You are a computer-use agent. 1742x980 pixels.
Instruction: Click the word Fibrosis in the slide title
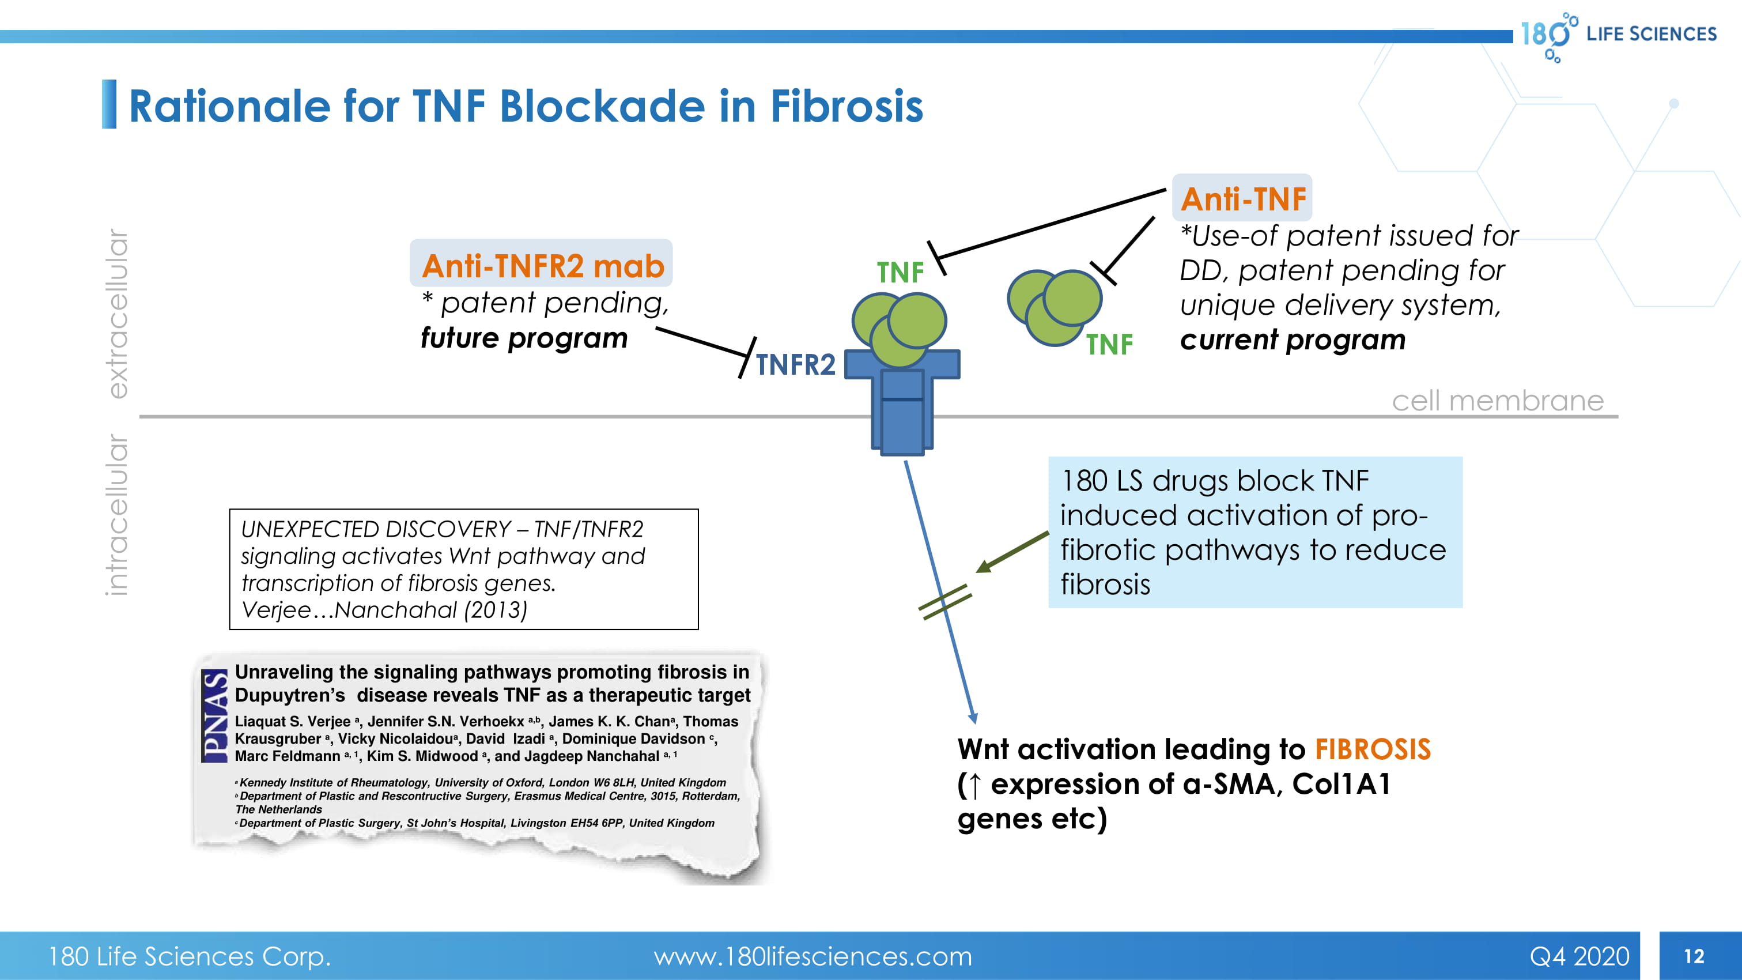point(847,106)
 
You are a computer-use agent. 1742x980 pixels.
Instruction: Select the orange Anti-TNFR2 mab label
point(542,265)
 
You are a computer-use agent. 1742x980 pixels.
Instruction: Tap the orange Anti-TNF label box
point(1242,199)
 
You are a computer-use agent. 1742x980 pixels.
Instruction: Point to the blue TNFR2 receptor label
point(795,364)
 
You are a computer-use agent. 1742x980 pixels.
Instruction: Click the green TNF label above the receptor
point(900,273)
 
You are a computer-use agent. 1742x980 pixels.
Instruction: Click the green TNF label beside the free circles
point(1109,345)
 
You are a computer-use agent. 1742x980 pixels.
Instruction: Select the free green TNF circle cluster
point(1055,306)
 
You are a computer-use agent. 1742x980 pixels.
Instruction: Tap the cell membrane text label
point(1497,401)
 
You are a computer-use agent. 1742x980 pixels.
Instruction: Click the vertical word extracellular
point(118,314)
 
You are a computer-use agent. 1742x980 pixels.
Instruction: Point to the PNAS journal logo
point(215,715)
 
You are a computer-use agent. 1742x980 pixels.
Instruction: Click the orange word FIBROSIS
point(1372,749)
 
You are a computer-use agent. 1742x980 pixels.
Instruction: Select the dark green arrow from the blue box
point(1012,552)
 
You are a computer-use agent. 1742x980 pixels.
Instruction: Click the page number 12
point(1694,956)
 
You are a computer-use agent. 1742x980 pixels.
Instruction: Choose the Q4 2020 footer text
point(1579,956)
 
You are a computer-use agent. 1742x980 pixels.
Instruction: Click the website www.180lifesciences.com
point(812,956)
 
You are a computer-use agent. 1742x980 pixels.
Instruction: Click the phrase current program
point(1293,340)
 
